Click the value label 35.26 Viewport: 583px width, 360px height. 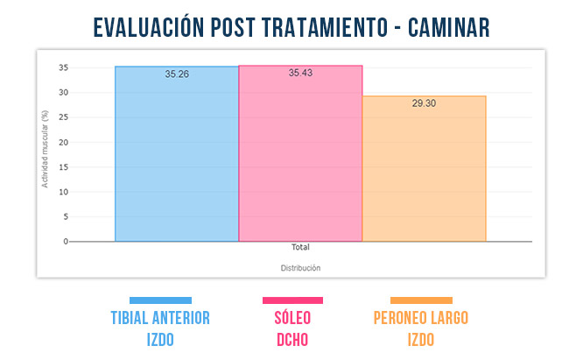coord(177,74)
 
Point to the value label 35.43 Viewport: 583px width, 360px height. coord(300,73)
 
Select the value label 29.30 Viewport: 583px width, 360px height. coord(425,103)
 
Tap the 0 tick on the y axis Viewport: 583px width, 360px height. coord(65,241)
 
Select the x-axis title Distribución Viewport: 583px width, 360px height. coord(300,267)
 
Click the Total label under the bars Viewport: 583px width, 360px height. coord(300,248)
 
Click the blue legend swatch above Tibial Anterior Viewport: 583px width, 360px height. coord(160,300)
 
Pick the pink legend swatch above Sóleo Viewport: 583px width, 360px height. coord(292,300)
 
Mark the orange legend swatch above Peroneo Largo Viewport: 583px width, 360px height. coord(421,300)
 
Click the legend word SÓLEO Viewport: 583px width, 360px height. coord(292,317)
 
